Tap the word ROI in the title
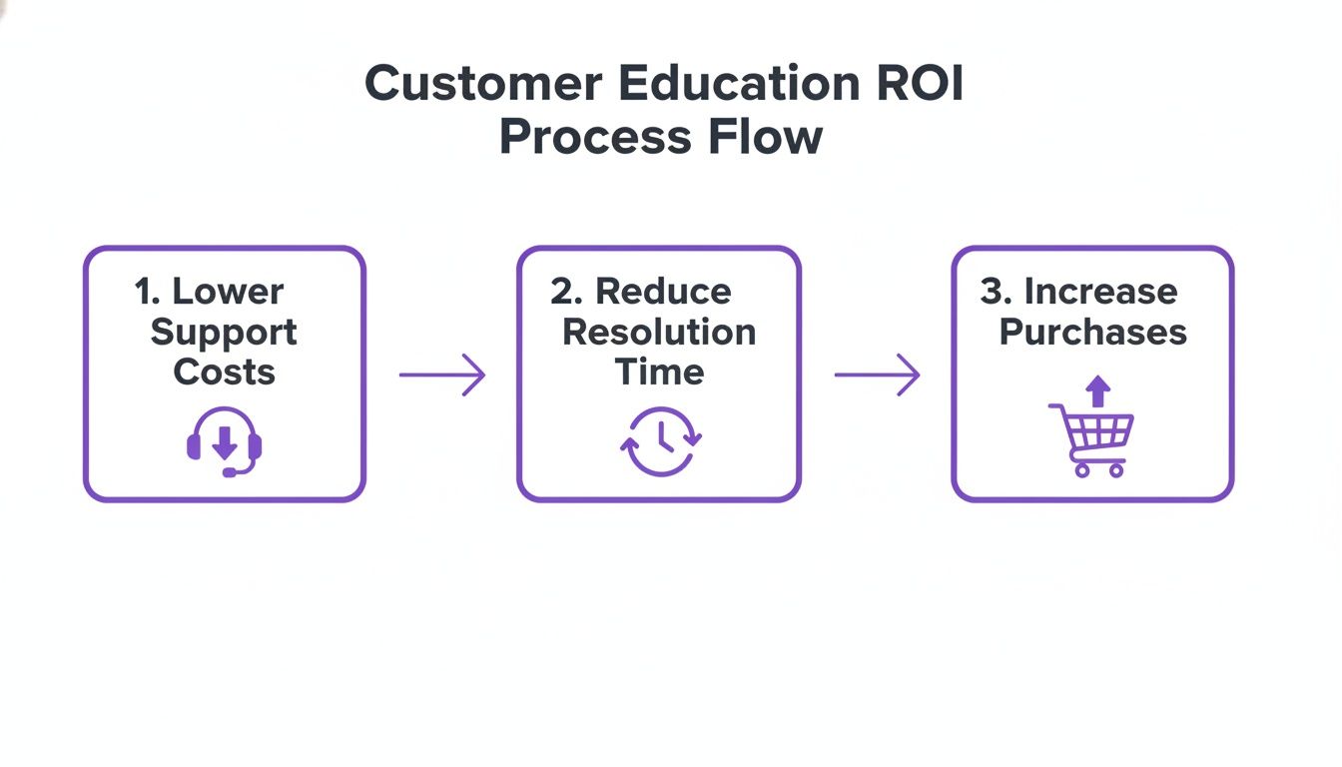tap(921, 84)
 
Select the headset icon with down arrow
tap(225, 442)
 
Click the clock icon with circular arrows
tap(660, 441)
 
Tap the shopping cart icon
tap(1092, 440)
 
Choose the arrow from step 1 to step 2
tap(441, 376)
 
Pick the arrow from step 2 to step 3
tap(877, 376)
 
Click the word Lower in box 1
tap(228, 292)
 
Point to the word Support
tap(224, 332)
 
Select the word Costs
tap(224, 372)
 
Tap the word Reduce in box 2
tap(663, 292)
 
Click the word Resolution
tap(659, 332)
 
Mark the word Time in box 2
tap(659, 372)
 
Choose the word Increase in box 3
tap(1100, 292)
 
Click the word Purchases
tap(1092, 332)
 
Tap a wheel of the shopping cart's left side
tap(1081, 469)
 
